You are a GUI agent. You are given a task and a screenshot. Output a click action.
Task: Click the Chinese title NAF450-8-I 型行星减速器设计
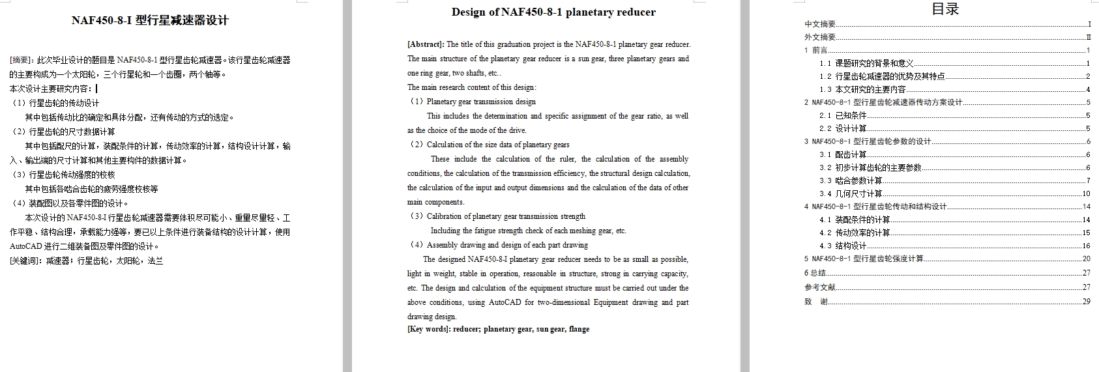point(150,21)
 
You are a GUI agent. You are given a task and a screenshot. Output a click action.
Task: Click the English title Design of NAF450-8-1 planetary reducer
point(553,12)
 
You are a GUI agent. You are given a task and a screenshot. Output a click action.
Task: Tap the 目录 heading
point(945,9)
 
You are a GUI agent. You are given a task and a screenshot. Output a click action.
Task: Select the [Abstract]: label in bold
point(426,44)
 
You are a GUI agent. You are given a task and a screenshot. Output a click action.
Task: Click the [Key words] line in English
point(498,329)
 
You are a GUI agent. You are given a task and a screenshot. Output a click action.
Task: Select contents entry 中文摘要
point(820,24)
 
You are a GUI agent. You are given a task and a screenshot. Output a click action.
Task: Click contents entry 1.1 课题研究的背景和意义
point(866,63)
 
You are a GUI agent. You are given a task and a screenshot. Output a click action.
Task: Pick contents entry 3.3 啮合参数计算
point(851,180)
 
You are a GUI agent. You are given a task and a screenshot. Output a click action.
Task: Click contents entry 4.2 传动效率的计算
point(855,233)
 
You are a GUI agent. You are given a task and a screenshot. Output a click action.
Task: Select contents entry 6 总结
point(815,273)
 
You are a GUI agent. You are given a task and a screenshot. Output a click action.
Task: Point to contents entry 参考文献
point(820,287)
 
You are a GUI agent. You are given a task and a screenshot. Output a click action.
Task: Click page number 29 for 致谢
point(1086,302)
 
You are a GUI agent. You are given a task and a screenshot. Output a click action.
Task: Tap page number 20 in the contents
point(1086,259)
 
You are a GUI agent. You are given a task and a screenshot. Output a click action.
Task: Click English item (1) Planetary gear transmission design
point(472,102)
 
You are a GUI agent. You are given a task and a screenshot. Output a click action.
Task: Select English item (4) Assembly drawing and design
point(498,245)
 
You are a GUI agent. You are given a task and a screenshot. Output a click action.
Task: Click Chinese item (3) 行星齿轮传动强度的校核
point(63,175)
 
